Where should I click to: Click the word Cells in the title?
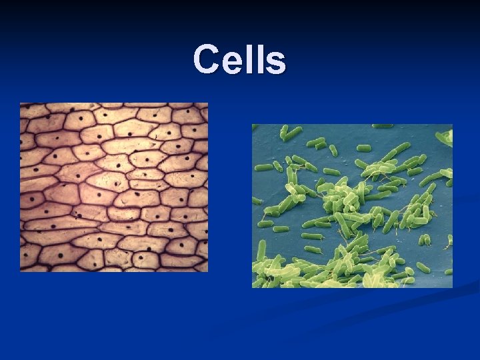pyautogui.click(x=240, y=59)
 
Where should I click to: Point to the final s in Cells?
pyautogui.click(x=275, y=62)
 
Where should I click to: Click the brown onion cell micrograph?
pyautogui.click(x=113, y=187)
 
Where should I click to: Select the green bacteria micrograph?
pyautogui.click(x=352, y=206)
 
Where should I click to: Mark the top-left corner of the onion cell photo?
pyautogui.click(x=20, y=103)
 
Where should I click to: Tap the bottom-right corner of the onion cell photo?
pyautogui.click(x=207, y=271)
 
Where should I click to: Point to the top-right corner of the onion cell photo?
pyautogui.click(x=207, y=103)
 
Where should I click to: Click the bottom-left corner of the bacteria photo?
pyautogui.click(x=252, y=287)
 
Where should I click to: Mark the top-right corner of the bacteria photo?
pyautogui.click(x=452, y=125)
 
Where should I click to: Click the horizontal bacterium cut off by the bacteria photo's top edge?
pyautogui.click(x=382, y=126)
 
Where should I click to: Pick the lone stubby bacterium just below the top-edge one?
pyautogui.click(x=363, y=147)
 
